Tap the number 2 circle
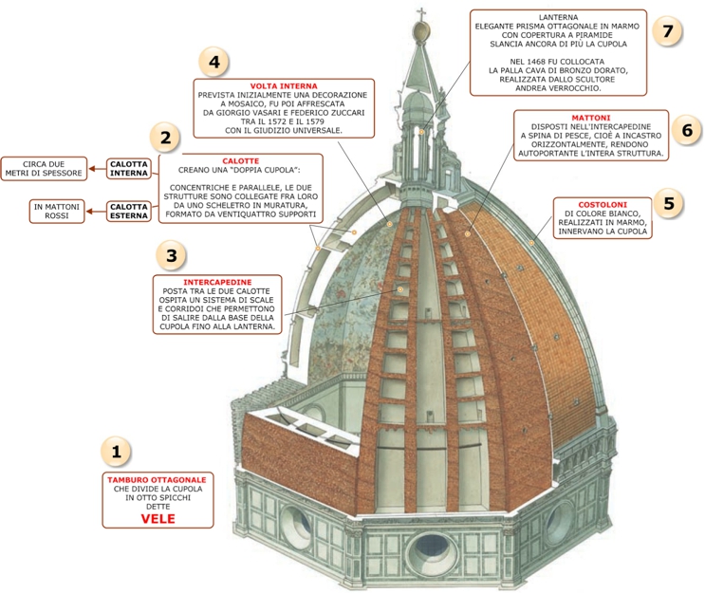tap(165, 139)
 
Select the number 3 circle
tap(170, 255)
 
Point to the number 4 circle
tap(214, 63)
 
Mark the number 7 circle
tap(668, 31)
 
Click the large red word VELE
tap(158, 519)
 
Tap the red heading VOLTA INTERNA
tap(284, 86)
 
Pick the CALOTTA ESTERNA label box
tap(128, 211)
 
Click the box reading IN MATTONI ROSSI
tap(57, 211)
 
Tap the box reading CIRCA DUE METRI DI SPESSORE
tap(46, 168)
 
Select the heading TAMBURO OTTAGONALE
tap(158, 480)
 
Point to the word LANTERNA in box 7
tap(558, 17)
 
